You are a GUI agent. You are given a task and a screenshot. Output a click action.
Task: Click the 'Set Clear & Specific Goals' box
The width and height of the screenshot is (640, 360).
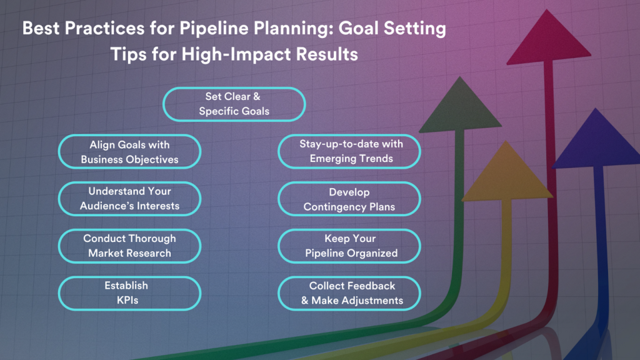(x=234, y=104)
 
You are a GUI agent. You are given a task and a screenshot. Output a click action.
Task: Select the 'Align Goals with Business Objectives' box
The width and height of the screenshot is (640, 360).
(x=129, y=152)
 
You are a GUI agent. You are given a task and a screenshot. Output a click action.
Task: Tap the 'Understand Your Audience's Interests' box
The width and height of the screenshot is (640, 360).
(x=129, y=199)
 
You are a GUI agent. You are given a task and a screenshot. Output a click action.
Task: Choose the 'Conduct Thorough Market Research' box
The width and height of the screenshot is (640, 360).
(x=129, y=246)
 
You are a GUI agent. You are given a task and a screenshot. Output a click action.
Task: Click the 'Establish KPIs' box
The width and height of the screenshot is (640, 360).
(x=129, y=292)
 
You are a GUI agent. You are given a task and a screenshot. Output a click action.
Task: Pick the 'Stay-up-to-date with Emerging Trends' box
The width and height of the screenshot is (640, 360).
(x=349, y=152)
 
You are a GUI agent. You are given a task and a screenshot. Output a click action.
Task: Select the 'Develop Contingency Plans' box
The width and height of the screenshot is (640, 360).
(x=349, y=199)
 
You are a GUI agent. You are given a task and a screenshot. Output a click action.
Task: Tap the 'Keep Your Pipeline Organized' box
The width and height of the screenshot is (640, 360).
(x=349, y=246)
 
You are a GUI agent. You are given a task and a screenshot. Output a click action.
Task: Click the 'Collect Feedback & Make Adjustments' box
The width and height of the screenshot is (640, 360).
(x=349, y=292)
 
